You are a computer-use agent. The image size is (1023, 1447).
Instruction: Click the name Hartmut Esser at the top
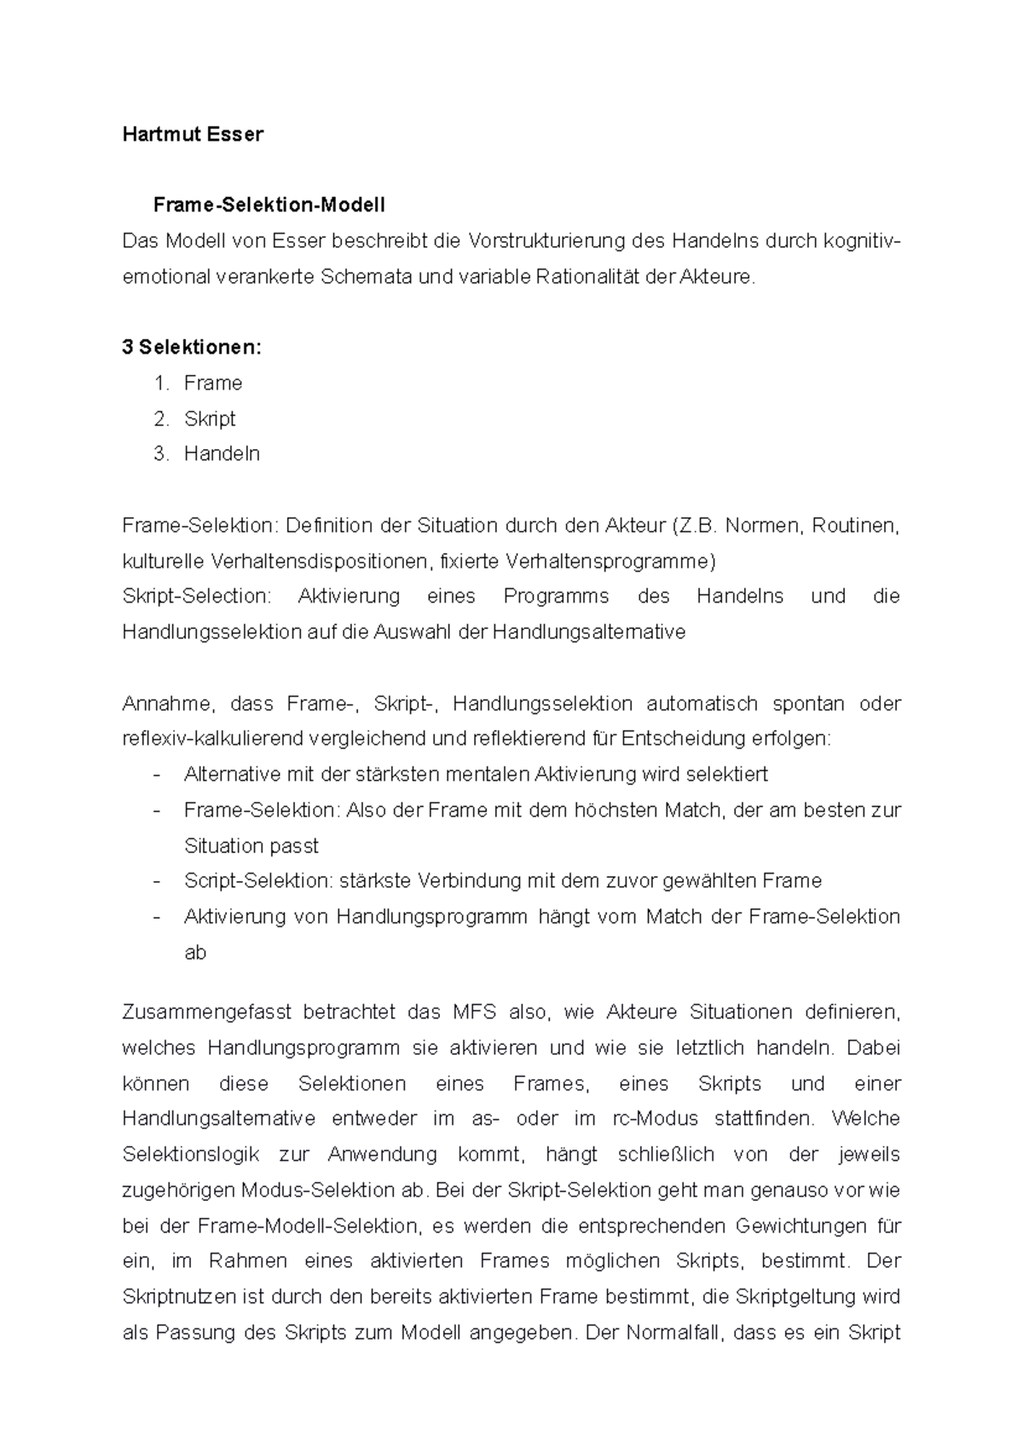click(x=193, y=134)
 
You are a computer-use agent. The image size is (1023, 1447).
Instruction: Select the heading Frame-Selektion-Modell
click(x=269, y=205)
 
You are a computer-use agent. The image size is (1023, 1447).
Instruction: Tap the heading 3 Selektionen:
click(x=192, y=348)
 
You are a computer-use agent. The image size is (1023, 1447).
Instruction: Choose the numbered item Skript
click(x=209, y=419)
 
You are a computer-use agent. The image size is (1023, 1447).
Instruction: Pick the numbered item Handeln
click(x=221, y=454)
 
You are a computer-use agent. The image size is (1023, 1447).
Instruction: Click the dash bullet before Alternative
click(x=156, y=775)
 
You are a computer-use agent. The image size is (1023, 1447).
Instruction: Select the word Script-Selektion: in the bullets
click(x=257, y=881)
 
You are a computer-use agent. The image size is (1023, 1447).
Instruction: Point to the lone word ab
click(x=195, y=953)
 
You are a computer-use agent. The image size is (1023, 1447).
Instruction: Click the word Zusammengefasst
click(x=206, y=1012)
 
